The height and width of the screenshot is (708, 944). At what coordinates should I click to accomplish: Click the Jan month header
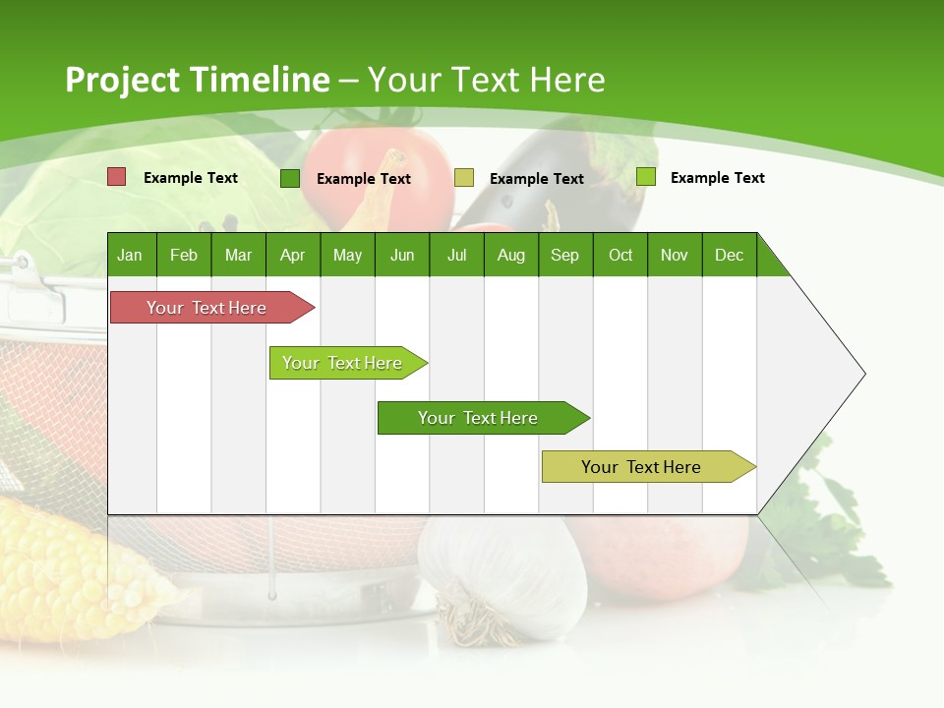tap(130, 255)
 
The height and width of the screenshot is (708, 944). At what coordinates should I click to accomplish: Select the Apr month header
tap(292, 255)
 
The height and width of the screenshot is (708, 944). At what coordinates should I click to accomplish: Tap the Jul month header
tap(456, 255)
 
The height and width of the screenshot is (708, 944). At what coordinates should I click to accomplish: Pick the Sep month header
tap(564, 255)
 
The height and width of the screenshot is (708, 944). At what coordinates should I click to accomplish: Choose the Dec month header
tap(729, 255)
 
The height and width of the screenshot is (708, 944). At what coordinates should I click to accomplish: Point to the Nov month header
tap(674, 255)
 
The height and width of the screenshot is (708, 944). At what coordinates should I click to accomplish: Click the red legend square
tap(117, 177)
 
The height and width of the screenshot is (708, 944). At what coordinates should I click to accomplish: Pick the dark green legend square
tap(290, 178)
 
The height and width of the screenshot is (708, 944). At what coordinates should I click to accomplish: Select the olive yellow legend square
tap(464, 178)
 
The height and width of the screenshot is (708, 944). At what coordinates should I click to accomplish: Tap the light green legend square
tap(646, 177)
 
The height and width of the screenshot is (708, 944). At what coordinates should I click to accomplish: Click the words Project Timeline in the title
tap(197, 80)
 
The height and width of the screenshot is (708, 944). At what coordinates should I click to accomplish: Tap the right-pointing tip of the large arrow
tap(861, 374)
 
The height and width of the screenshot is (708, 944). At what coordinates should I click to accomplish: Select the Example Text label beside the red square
tap(191, 178)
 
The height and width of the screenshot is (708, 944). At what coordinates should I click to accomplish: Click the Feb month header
tap(184, 255)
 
